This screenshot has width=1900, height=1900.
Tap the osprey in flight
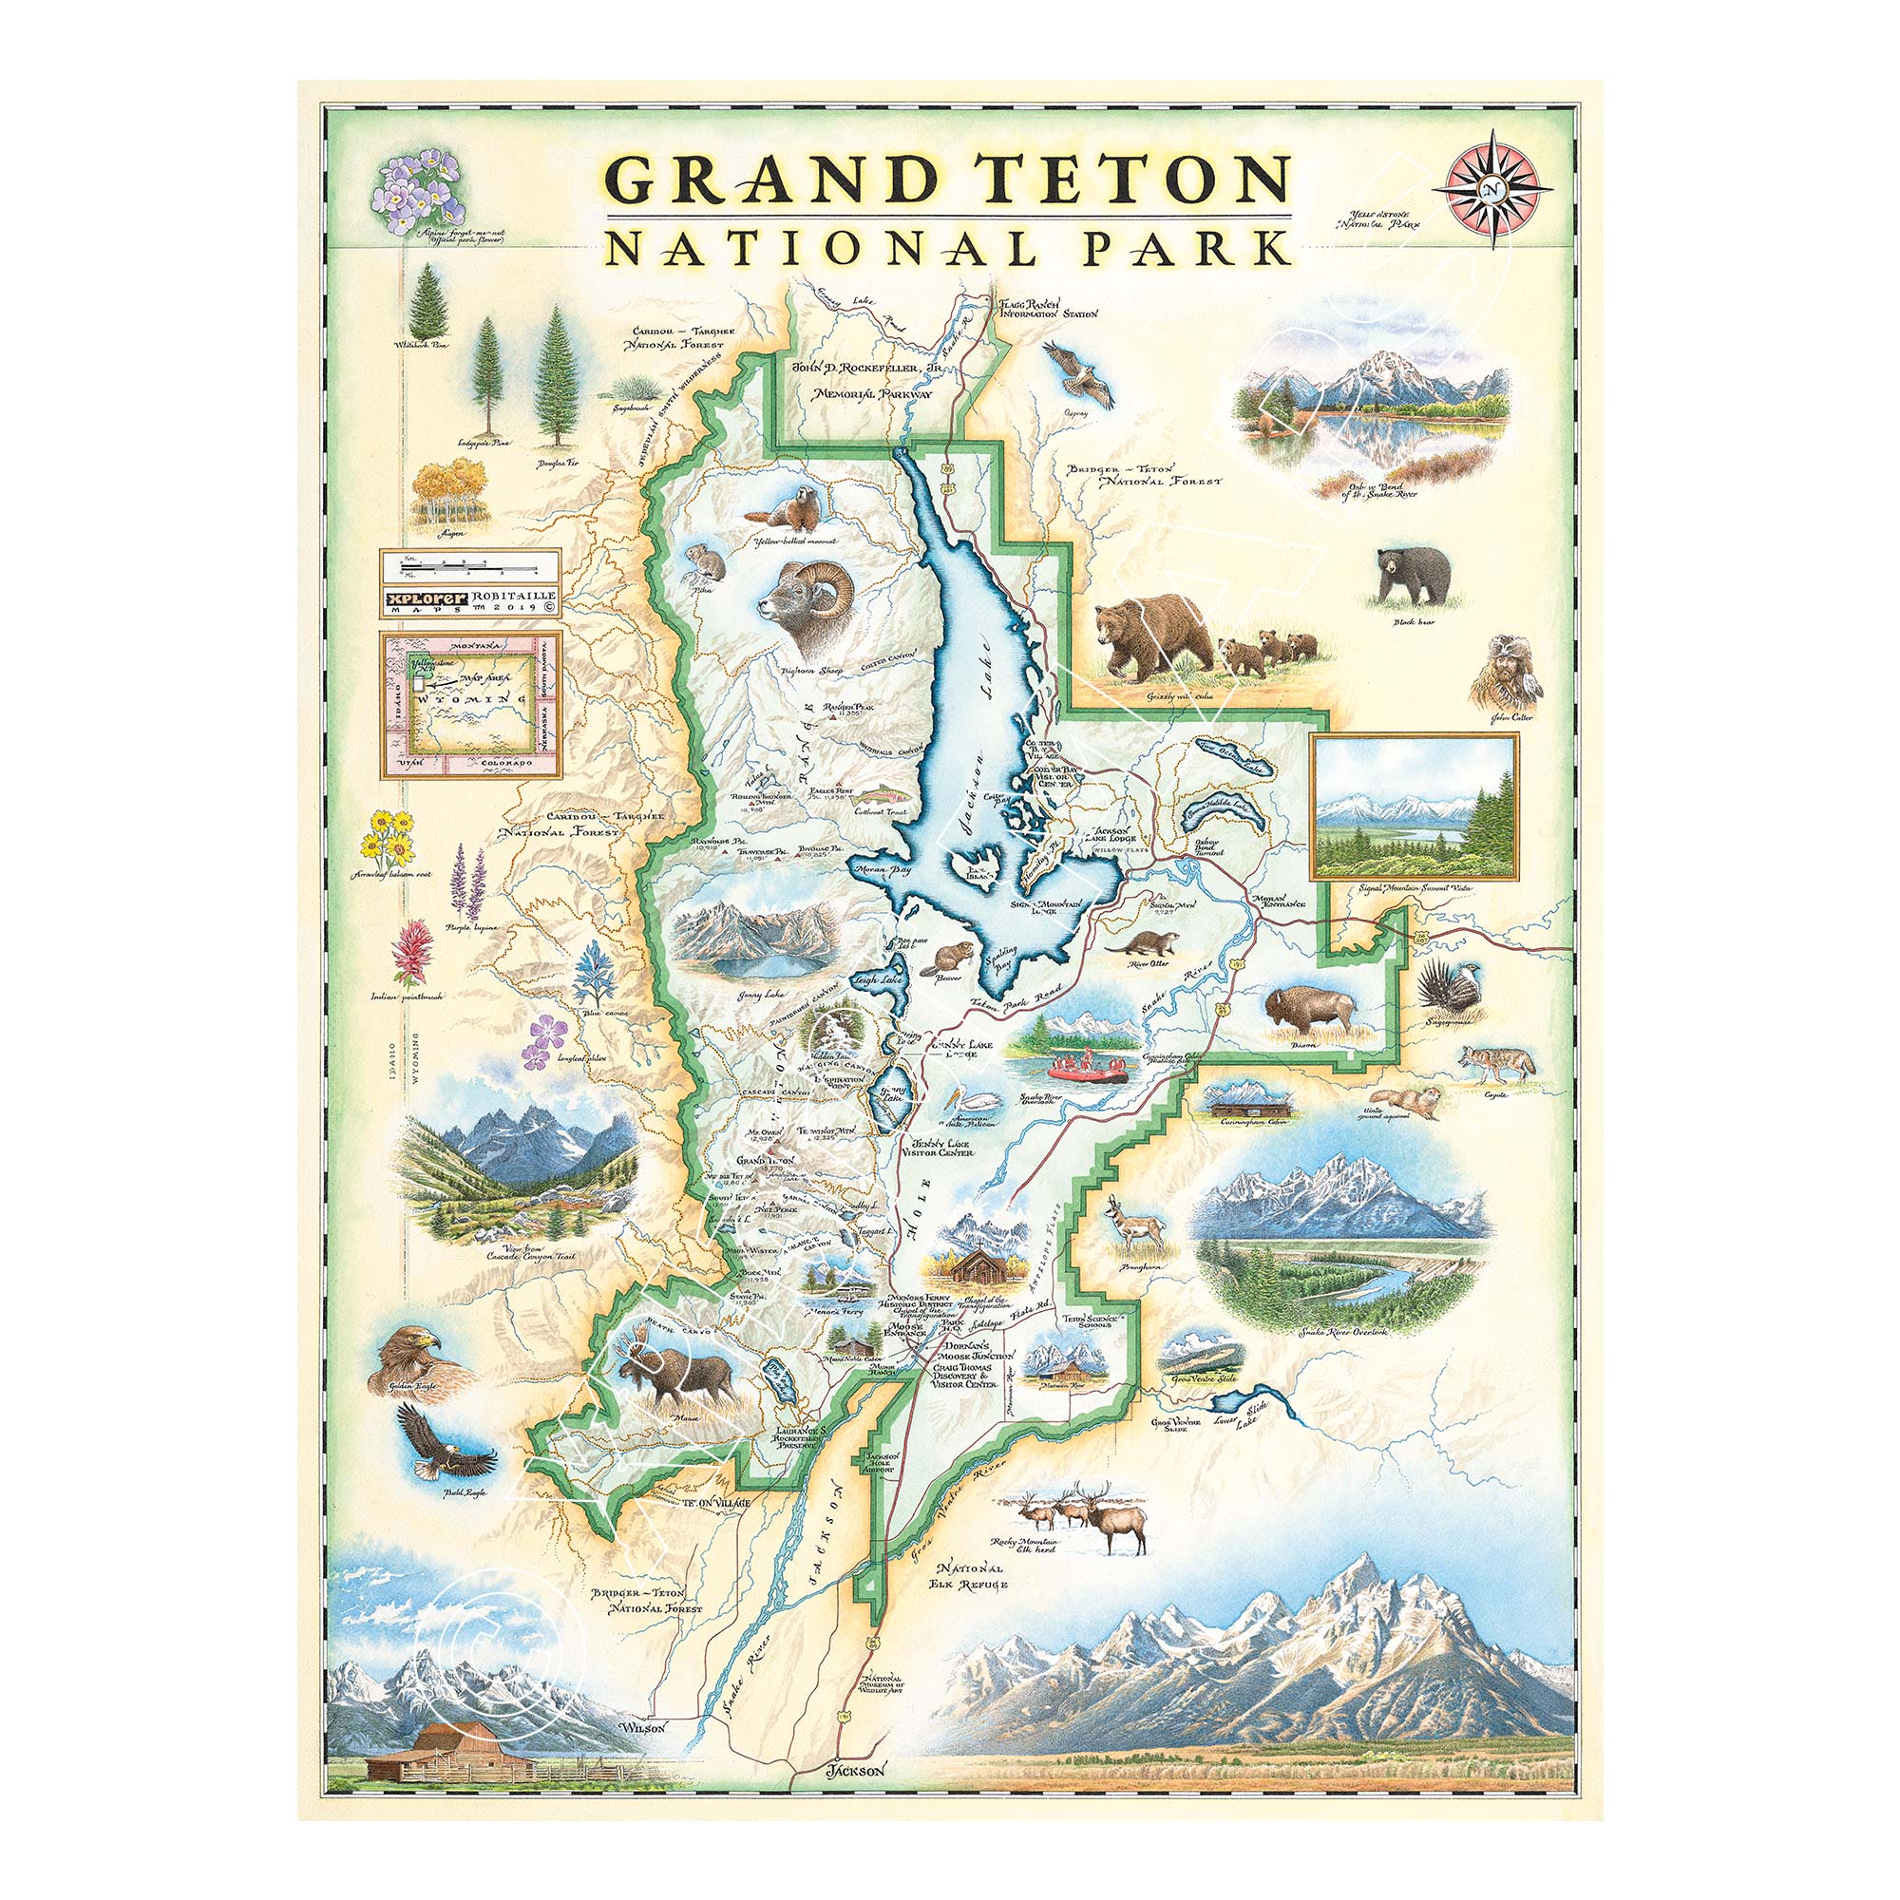coord(1079,374)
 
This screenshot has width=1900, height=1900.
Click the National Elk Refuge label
coord(973,1575)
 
